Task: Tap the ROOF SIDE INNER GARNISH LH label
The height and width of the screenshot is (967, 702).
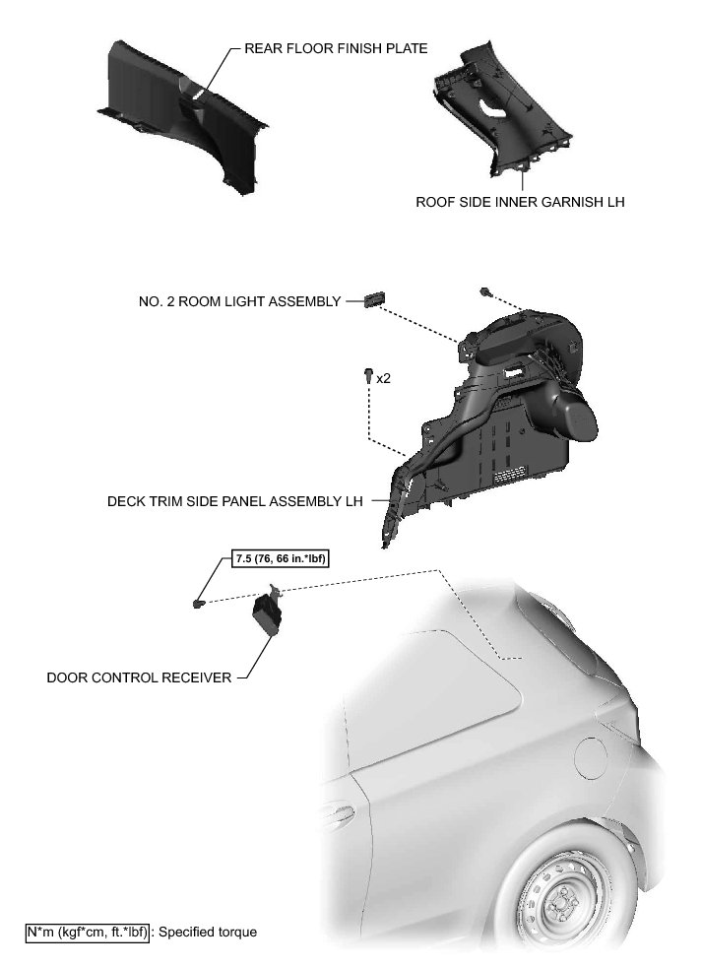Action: pos(520,202)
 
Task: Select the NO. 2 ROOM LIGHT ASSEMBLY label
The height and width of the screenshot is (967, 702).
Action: pos(240,301)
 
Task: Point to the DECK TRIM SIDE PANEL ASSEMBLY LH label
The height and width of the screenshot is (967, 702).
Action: pos(235,500)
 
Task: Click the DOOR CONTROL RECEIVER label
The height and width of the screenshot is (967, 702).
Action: pos(139,677)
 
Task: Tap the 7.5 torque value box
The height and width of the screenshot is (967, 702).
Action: pos(280,559)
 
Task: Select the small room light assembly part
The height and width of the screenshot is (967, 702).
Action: pos(375,299)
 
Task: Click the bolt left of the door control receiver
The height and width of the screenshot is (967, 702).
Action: pos(199,602)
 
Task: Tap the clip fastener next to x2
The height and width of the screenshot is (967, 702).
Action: pos(367,375)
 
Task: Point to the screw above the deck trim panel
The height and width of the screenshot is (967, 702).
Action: pos(485,291)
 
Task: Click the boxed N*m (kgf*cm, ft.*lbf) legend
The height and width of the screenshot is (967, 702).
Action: pos(88,931)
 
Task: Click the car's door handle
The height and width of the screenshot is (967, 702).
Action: pos(338,813)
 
